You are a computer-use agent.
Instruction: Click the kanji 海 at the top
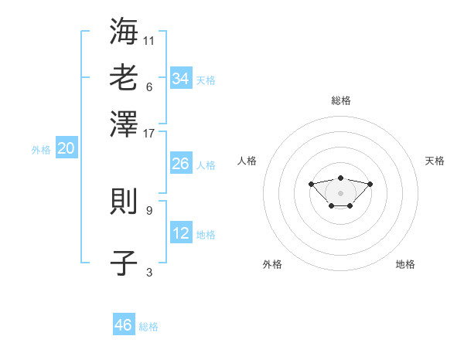coord(124,31)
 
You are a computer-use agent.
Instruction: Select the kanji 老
coord(124,77)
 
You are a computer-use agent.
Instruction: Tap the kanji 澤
coord(124,124)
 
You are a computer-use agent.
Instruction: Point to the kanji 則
coord(124,201)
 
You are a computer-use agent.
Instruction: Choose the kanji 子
coord(124,263)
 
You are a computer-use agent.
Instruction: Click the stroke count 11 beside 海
coord(148,41)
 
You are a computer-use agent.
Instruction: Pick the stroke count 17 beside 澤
coord(148,134)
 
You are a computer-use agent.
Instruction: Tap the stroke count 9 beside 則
coord(149,211)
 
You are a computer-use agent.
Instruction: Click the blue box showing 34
coord(181,77)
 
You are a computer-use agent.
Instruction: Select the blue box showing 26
coord(181,163)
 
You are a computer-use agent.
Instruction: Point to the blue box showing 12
coord(181,232)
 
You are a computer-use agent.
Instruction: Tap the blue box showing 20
coord(67,148)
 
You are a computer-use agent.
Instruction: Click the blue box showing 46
coord(124,324)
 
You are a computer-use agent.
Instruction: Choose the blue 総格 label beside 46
coord(148,327)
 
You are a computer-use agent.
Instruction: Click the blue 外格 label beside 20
coord(41,150)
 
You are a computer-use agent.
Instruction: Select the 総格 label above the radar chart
coord(341,100)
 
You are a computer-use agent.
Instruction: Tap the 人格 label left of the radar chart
coord(247,161)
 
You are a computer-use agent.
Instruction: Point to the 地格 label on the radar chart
coord(405,264)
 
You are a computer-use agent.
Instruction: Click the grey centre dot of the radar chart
coord(340,193)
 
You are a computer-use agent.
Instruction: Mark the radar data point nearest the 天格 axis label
coord(370,184)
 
